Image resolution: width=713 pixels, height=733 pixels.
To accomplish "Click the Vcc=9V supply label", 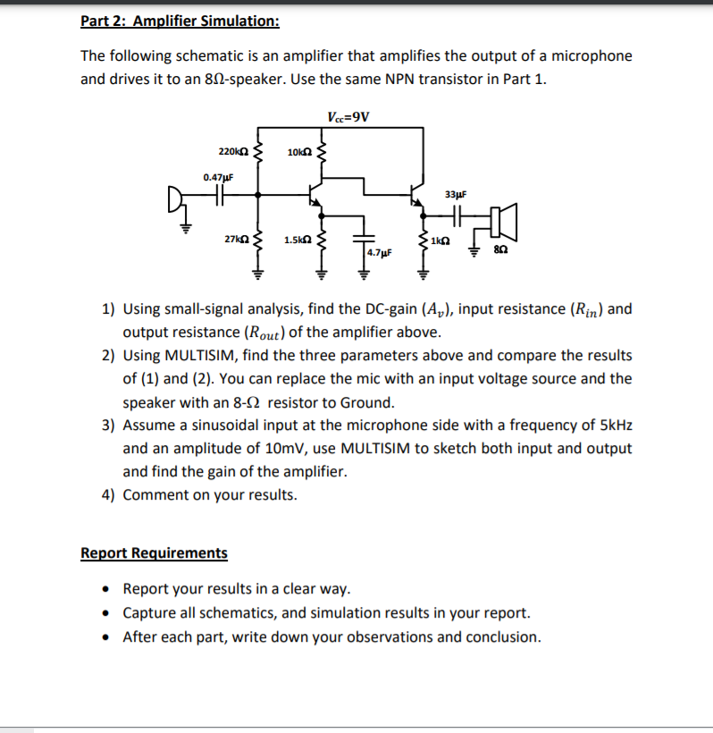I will point(348,117).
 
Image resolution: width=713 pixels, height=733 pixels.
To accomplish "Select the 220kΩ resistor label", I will point(233,151).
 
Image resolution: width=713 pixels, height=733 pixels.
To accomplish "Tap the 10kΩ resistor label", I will point(299,152).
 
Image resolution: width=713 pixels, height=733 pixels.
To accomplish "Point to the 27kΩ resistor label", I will point(236,240).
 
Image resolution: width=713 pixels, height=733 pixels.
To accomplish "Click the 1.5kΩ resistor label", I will point(298,240).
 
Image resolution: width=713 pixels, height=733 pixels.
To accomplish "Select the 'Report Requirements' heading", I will point(154,552).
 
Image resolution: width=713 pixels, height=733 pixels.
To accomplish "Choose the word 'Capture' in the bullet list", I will point(149,613).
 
